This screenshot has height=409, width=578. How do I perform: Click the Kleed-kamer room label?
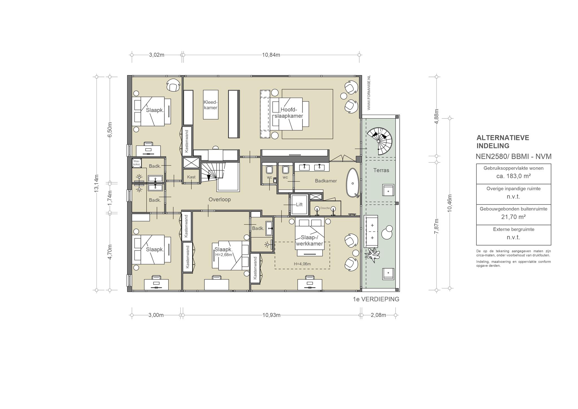[x=211, y=105]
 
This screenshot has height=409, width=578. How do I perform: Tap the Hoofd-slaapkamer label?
[x=289, y=113]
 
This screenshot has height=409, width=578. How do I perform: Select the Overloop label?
[x=220, y=199]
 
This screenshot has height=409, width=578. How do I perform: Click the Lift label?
[x=299, y=204]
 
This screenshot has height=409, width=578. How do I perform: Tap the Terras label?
[x=381, y=170]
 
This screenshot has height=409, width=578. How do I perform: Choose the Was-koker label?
[x=136, y=163]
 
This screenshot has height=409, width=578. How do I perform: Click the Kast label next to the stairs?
[x=191, y=177]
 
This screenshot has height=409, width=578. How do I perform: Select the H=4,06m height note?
[x=302, y=264]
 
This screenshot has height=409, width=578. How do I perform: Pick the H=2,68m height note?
[x=224, y=254]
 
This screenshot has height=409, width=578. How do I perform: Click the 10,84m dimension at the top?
[x=271, y=55]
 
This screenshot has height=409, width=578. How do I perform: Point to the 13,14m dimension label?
[x=96, y=184]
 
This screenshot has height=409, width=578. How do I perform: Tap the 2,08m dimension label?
[x=378, y=315]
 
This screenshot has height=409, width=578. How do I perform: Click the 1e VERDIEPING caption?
[x=376, y=299]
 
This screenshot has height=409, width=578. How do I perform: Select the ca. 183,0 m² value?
[x=513, y=176]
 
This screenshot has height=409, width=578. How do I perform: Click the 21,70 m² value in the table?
[x=513, y=217]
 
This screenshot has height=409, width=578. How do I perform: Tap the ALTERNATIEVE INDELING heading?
[x=503, y=142]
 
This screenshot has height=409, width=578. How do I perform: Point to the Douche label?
[x=325, y=208]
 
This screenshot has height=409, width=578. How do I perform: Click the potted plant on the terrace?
[x=373, y=254]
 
